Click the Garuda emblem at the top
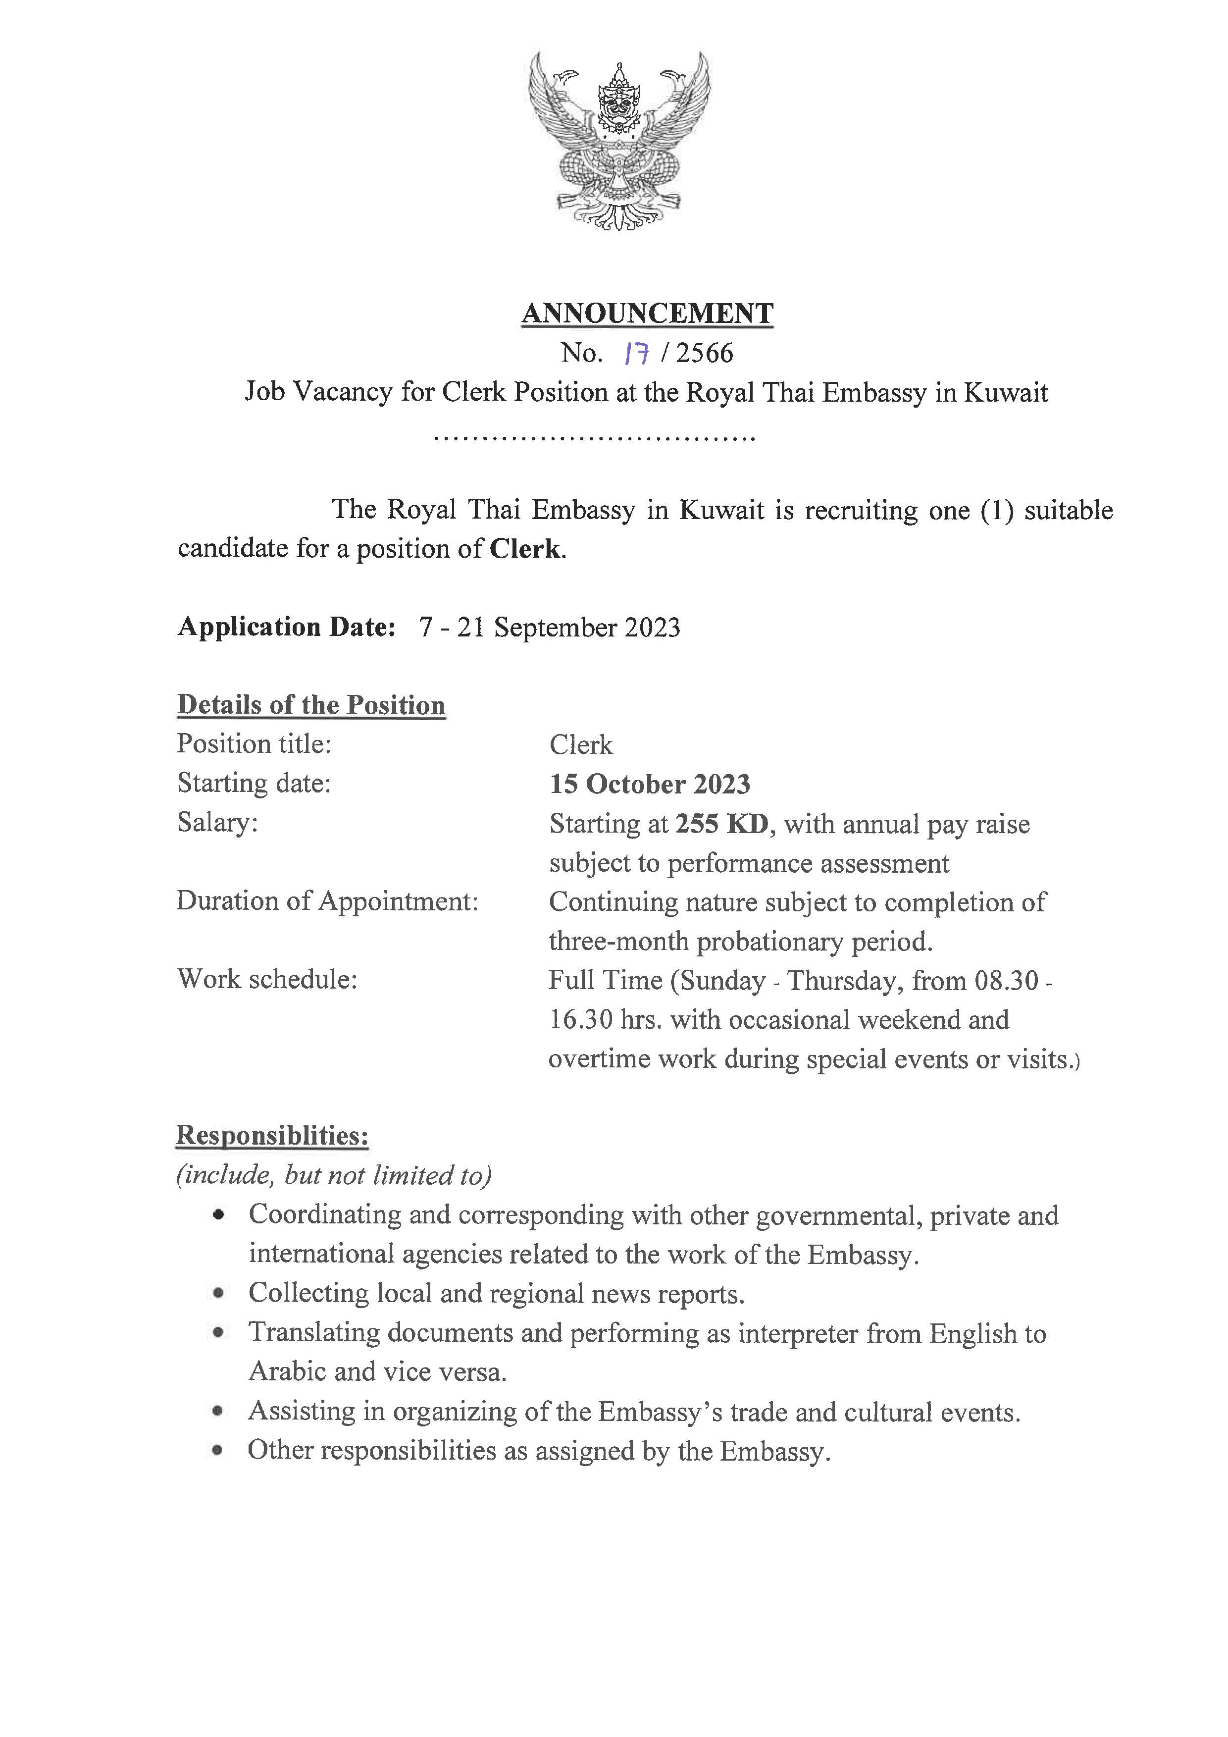pyautogui.click(x=618, y=140)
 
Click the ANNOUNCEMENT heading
pyautogui.click(x=647, y=313)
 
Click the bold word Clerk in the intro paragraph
pyautogui.click(x=525, y=548)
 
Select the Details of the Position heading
pyautogui.click(x=311, y=705)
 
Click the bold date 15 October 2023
pyautogui.click(x=650, y=784)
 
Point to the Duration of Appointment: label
pyautogui.click(x=327, y=901)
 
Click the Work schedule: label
pyautogui.click(x=267, y=980)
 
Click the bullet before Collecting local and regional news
pyautogui.click(x=218, y=1294)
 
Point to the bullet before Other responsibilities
pyautogui.click(x=218, y=1450)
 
